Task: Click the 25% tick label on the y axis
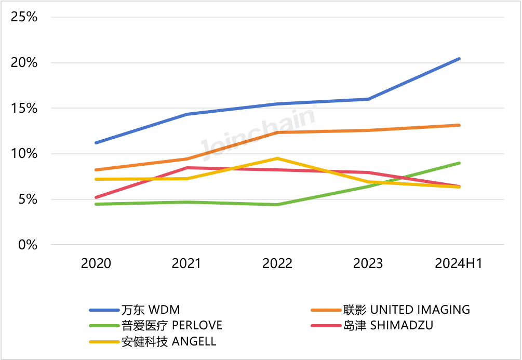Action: (x=24, y=17)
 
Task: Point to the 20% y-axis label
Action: (x=24, y=63)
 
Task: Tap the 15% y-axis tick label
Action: (x=24, y=109)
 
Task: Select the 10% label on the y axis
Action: (x=24, y=154)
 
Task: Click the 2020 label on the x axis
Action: (x=96, y=264)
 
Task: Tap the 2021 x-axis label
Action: (x=186, y=264)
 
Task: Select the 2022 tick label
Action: (x=277, y=264)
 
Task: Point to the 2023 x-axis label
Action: (x=368, y=264)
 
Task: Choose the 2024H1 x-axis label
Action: (x=459, y=264)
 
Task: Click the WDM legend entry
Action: (x=150, y=310)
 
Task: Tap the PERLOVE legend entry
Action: (x=171, y=326)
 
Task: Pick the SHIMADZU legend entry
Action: (x=387, y=326)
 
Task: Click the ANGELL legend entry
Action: (x=168, y=341)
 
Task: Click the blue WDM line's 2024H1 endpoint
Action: (x=459, y=59)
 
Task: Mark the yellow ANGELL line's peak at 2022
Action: (x=277, y=158)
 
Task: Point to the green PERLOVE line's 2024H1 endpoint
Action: (x=459, y=163)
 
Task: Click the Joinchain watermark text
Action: (x=258, y=132)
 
